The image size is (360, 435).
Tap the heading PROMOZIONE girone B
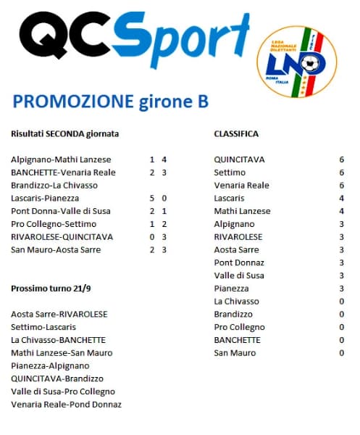(x=111, y=101)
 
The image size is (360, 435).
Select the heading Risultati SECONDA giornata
(x=65, y=134)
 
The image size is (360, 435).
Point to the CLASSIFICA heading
(x=236, y=134)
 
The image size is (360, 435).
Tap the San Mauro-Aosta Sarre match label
(x=56, y=249)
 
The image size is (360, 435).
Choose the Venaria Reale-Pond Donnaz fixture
(x=66, y=405)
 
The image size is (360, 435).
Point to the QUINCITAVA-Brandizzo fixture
(x=57, y=378)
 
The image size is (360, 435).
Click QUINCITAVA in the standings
(x=240, y=159)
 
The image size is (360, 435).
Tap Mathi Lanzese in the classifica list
(x=242, y=211)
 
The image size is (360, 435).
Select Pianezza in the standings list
(x=230, y=289)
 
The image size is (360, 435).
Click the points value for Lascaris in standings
(x=341, y=198)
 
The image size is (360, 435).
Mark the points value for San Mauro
(x=341, y=353)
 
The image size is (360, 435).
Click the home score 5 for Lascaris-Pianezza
(x=152, y=198)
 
